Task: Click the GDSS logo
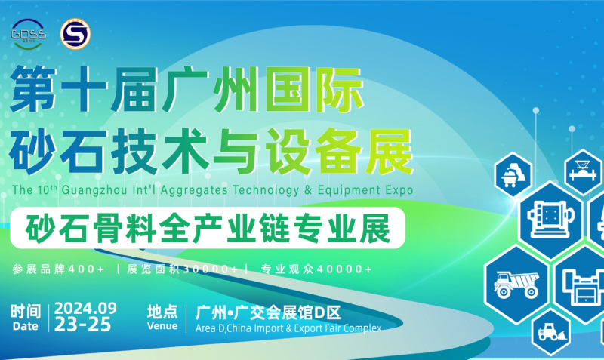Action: [x=29, y=34]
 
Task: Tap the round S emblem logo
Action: [x=75, y=34]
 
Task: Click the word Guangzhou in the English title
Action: [x=94, y=190]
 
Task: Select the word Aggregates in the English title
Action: [x=194, y=190]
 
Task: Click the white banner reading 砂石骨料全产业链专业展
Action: [x=208, y=228]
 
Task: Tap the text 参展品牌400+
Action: [x=58, y=269]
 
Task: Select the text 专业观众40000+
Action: [x=316, y=269]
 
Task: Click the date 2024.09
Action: [x=85, y=309]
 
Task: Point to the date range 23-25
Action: [x=83, y=325]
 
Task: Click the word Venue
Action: [x=162, y=326]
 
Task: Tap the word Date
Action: [x=26, y=326]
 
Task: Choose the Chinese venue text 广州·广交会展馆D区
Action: [x=268, y=312]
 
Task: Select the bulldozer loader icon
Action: [x=553, y=332]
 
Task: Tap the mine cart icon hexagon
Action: [x=513, y=175]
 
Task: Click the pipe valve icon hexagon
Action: [x=583, y=172]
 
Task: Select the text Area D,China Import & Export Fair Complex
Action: [x=288, y=328]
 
